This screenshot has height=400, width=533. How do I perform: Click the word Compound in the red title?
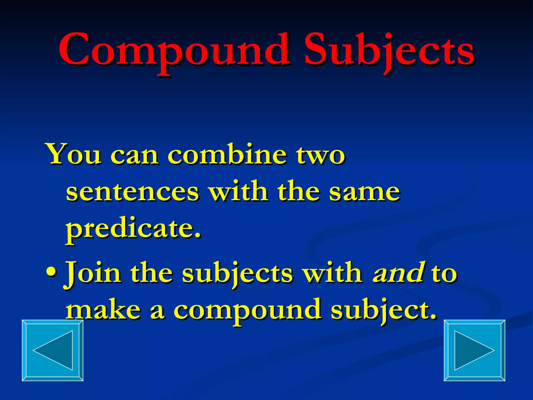tap(174, 51)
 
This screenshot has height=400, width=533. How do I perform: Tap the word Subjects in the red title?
tap(389, 51)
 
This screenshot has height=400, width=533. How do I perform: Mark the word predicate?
tap(130, 229)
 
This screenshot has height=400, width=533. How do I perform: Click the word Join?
tap(93, 273)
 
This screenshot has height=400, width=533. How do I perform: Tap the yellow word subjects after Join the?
tap(237, 273)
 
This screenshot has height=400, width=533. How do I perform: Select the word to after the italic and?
tap(444, 273)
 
